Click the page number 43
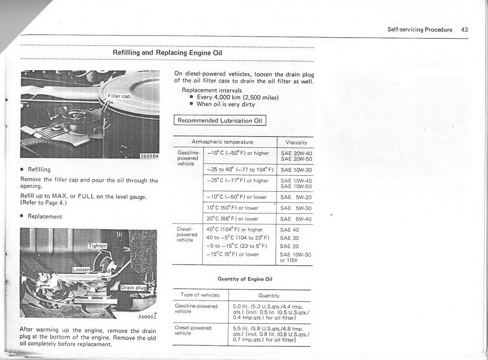coord(464,29)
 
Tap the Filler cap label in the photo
coord(119,96)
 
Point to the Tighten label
coord(97,245)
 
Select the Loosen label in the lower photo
coord(81,270)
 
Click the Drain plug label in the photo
coord(133,287)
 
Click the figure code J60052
coord(147,316)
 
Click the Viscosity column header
coord(296,142)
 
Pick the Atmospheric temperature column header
coord(223,142)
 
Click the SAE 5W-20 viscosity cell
coord(296,197)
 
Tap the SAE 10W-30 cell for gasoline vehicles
coord(296,170)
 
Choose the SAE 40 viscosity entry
coord(289,230)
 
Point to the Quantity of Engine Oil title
coord(244,279)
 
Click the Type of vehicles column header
coord(200,295)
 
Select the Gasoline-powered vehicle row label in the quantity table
coord(196,308)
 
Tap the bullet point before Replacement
coord(22,216)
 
